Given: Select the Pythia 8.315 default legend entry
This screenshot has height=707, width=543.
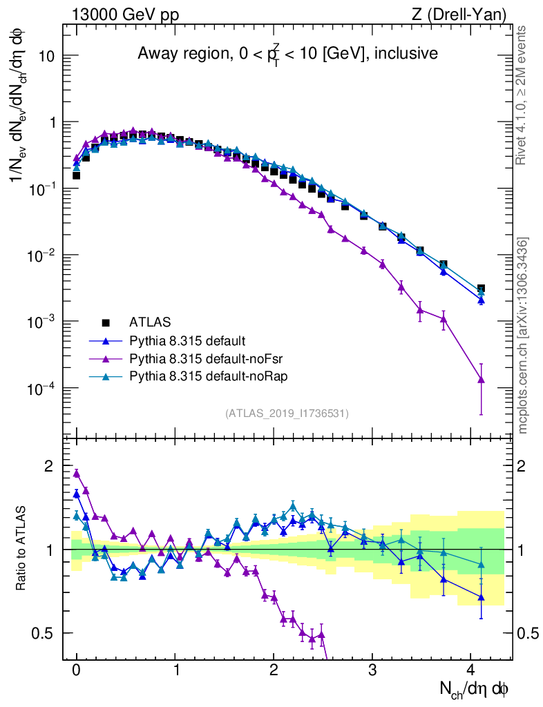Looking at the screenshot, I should (187, 340).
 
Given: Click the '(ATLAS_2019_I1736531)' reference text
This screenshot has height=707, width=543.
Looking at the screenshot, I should (287, 414).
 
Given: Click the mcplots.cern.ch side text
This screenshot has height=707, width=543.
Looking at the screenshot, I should (523, 336).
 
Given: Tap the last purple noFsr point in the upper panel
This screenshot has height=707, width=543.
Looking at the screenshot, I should (481, 380).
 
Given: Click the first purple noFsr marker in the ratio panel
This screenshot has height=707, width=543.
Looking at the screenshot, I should (77, 474).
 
